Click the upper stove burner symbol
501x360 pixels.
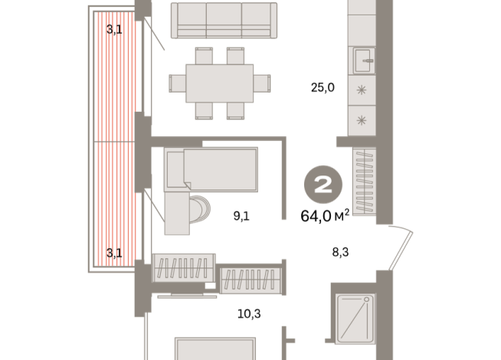click(362, 89)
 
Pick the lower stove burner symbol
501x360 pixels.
click(362, 119)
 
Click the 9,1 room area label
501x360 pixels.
click(242, 216)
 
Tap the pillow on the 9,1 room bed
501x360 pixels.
click(175, 169)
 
